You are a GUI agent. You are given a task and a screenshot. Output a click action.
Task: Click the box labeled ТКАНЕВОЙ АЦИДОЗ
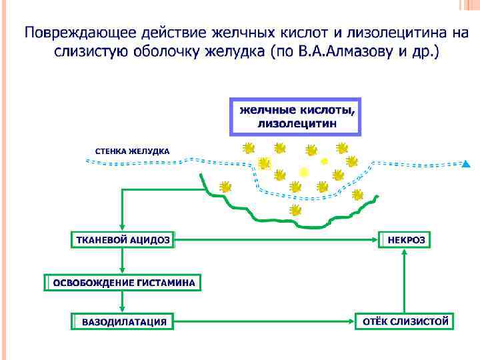tap(122, 239)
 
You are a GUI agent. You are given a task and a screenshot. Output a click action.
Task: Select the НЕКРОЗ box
tap(405, 239)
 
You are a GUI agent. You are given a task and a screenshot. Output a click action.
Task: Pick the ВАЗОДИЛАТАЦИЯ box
tap(123, 322)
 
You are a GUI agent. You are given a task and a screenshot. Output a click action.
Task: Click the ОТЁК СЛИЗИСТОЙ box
tap(405, 322)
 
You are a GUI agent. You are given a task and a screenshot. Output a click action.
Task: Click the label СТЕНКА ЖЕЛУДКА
tap(132, 151)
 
